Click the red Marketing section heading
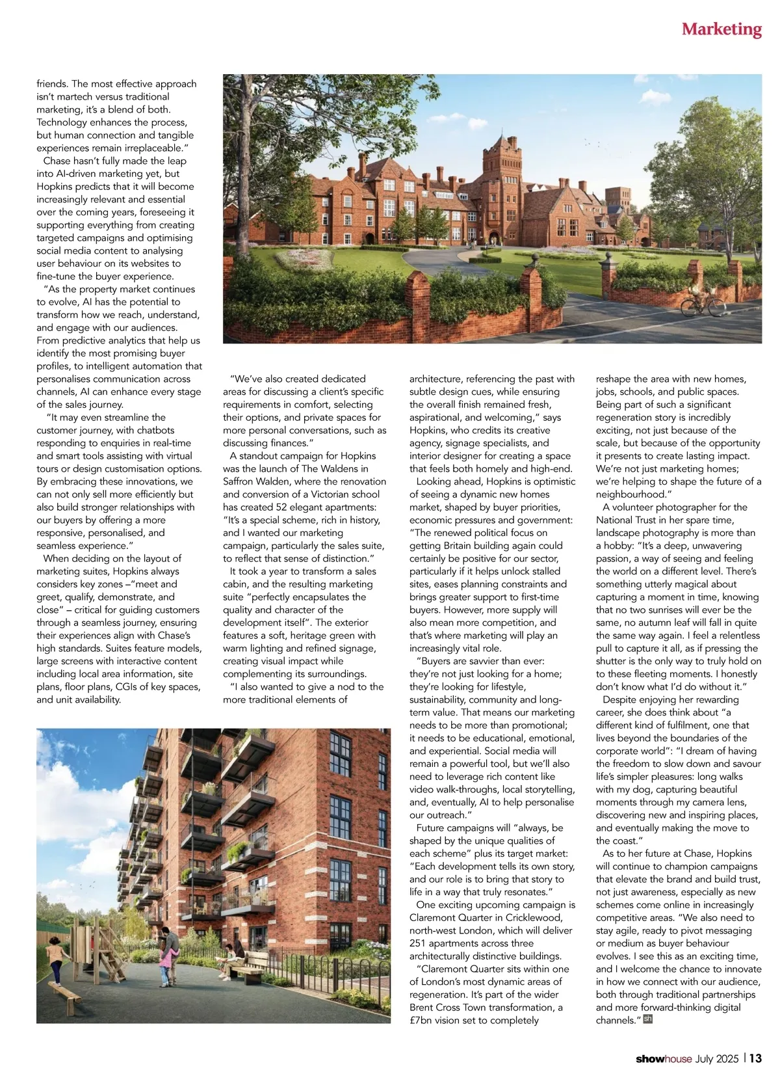[721, 29]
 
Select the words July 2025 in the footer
[717, 1059]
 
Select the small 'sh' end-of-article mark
[647, 1019]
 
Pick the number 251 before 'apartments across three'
[419, 943]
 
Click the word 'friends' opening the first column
[52, 84]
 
